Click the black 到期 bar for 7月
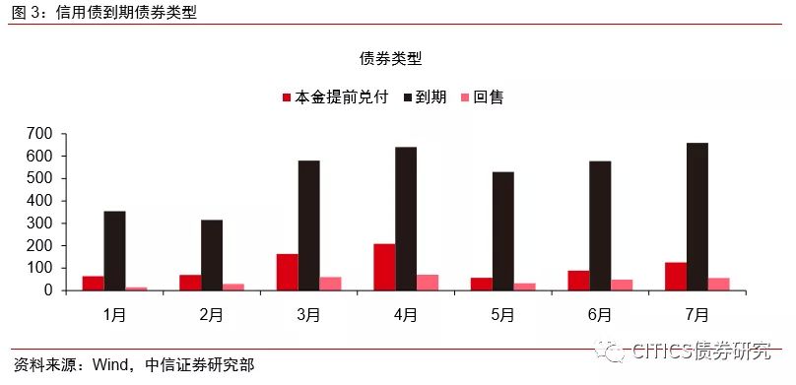697,217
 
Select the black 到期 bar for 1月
114,250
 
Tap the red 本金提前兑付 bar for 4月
384,267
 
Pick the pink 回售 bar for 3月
330,284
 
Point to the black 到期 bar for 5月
503,231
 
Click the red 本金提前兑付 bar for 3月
288,273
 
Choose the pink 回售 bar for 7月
719,284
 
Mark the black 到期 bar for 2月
212,255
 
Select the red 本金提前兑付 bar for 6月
578,281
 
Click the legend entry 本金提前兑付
336,96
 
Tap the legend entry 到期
425,96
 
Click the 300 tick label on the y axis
41,224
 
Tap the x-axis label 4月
406,315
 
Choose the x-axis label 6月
600,315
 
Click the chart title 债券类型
391,59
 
